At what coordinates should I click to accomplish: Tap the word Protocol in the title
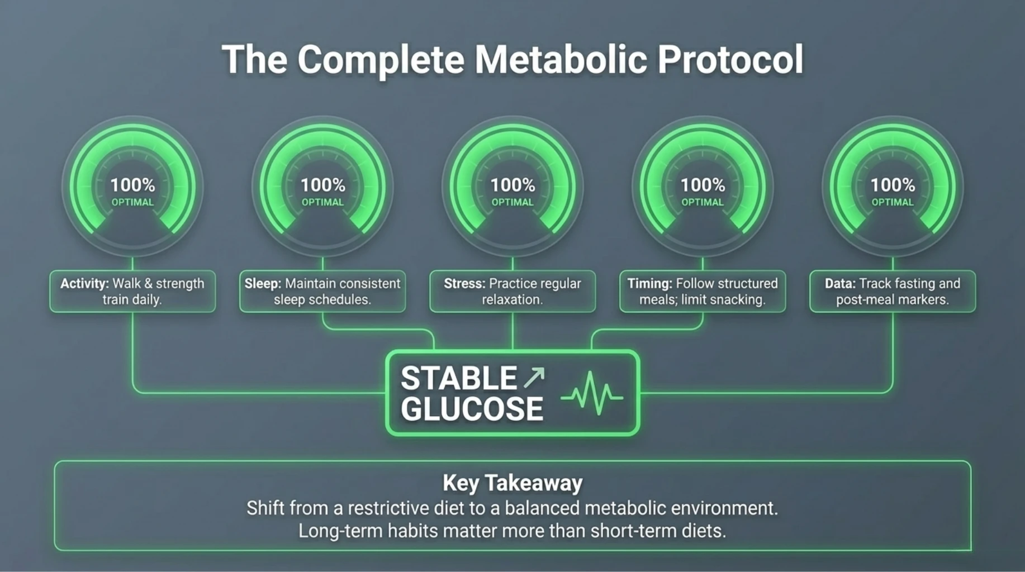[730, 59]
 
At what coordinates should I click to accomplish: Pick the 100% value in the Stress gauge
[512, 185]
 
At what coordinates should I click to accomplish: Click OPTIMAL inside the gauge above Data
[893, 202]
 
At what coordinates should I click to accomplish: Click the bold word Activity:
[84, 284]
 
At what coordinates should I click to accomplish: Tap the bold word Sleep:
[263, 284]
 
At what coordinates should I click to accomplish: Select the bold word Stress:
[464, 284]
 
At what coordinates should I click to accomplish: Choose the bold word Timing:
[649, 284]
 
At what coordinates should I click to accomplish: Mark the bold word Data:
[840, 284]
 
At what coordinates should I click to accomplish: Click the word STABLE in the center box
[459, 378]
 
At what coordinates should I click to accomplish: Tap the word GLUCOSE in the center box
[472, 409]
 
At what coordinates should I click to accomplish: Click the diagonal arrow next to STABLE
[534, 378]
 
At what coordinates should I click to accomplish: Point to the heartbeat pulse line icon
[592, 394]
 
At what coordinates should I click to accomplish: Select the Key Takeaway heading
[512, 483]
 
